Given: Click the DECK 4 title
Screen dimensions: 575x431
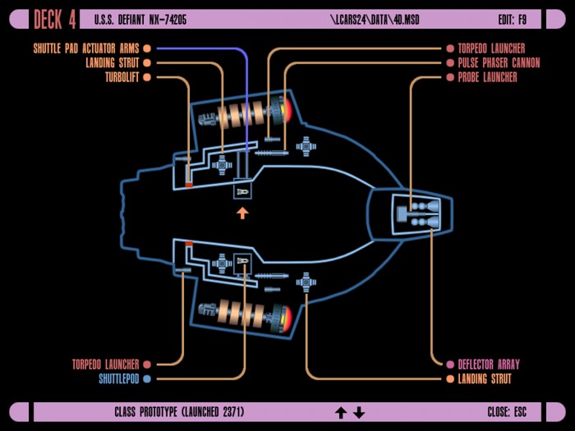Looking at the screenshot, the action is pos(55,20).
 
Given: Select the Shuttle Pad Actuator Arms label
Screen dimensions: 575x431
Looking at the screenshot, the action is pos(86,48).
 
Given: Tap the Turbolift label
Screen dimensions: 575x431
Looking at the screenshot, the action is pos(122,77).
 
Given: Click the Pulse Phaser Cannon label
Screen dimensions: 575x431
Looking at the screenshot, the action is pos(499,63).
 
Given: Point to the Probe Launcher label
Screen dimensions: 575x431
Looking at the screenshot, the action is pos(487,77).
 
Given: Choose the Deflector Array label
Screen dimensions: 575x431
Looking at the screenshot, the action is pos(489,365).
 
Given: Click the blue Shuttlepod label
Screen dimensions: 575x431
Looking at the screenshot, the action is pos(119,378).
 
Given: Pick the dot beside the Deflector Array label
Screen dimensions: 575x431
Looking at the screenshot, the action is pos(450,365).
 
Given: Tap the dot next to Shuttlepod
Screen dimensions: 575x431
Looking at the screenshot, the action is pos(147,378).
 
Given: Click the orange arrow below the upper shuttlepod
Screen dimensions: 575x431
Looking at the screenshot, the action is pos(242,213).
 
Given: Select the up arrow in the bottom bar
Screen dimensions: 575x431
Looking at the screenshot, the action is pos(341,412).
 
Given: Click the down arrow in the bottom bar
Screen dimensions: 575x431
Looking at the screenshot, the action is pos(359,412).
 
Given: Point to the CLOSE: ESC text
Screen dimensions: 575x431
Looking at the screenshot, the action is pos(507,412).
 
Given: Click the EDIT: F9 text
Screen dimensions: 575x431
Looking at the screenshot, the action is pos(513,20).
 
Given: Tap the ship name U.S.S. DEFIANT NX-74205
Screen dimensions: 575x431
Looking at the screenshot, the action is pos(140,20).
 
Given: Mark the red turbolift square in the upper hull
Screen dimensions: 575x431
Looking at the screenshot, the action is pos(189,185).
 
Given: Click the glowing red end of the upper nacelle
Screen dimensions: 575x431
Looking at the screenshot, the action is pos(287,109).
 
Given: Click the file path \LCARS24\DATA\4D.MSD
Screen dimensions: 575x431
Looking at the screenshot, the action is pos(375,20).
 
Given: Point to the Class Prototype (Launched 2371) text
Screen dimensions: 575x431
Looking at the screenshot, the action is pos(179,412).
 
